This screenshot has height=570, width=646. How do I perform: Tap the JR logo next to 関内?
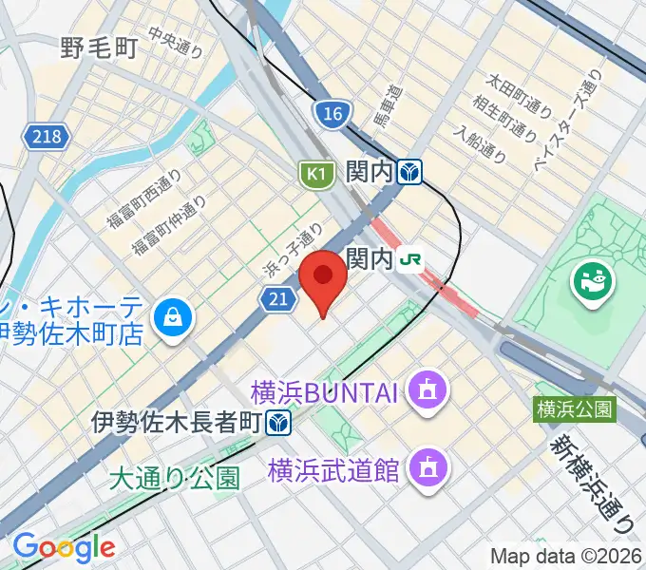click(410, 258)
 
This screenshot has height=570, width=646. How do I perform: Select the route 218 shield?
click(45, 137)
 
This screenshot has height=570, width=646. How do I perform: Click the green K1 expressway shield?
click(316, 173)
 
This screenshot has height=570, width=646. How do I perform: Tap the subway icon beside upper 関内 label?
click(410, 172)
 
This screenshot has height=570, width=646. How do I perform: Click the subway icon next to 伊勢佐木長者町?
click(278, 421)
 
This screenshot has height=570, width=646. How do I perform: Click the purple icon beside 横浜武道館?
click(423, 466)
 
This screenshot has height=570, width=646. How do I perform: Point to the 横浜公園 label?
click(575, 409)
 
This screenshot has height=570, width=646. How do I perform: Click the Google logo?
click(64, 547)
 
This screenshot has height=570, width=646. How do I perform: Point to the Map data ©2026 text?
click(566, 556)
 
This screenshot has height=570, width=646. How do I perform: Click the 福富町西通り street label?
click(143, 202)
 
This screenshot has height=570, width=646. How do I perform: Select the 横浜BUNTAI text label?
click(328, 389)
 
